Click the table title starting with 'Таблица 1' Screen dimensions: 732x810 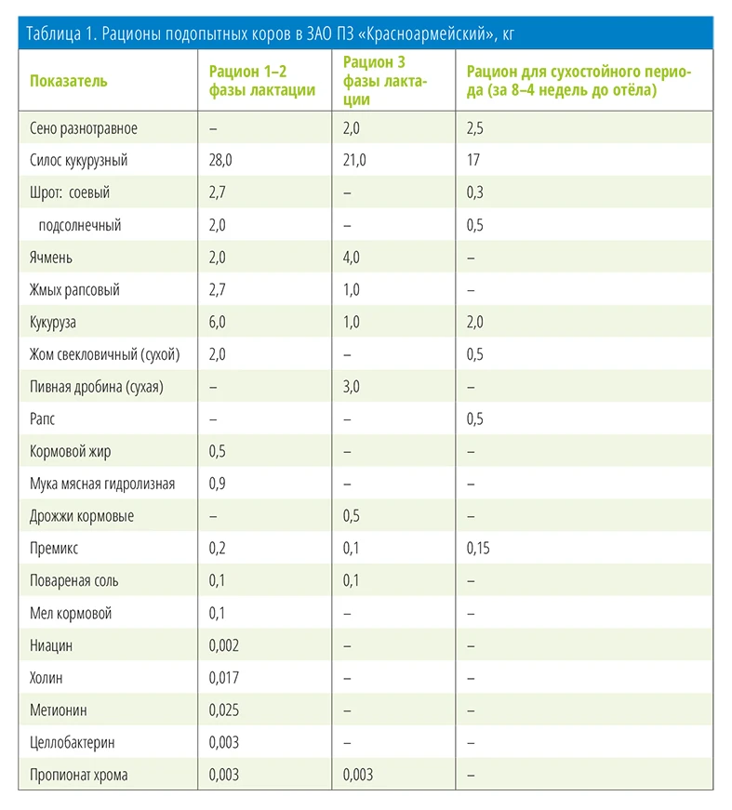(270, 34)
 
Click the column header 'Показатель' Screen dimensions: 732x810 (68, 81)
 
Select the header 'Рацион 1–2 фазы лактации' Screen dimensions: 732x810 (262, 81)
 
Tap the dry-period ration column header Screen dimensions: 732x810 (579, 81)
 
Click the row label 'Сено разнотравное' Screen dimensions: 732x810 (84, 128)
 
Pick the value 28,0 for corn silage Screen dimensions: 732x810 (220, 160)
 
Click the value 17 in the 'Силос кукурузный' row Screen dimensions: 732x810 (472, 160)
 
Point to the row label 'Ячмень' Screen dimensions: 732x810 (50, 258)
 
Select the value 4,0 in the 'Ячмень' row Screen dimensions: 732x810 (351, 258)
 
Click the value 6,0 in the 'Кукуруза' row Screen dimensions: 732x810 (217, 322)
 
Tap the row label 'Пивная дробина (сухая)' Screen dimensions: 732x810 (97, 387)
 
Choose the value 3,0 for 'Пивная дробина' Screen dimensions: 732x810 (351, 387)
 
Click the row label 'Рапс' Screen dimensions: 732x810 (42, 418)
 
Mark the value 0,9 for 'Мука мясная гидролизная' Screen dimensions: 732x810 (217, 484)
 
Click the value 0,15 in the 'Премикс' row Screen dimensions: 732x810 (478, 548)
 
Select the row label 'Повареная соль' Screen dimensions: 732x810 (73, 580)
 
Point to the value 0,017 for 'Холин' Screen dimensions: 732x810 (223, 678)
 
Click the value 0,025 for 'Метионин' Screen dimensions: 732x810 (223, 710)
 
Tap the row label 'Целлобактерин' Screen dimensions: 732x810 (73, 743)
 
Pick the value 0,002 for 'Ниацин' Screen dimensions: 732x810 (223, 645)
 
